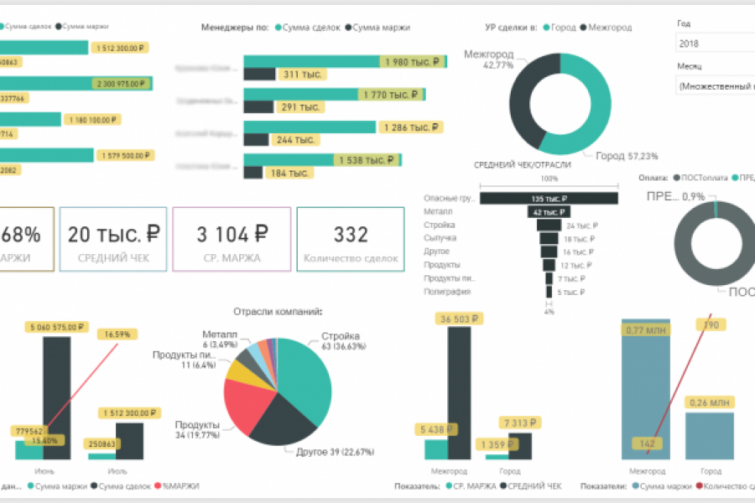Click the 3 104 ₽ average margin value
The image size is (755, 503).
point(232,234)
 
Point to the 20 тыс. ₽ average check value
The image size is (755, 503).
point(114,234)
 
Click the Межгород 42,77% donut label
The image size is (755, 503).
point(488,60)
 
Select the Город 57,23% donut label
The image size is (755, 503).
point(627,156)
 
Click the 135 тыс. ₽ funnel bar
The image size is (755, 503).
point(549,199)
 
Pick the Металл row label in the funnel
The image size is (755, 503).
point(437,212)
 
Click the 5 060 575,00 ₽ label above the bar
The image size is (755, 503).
point(58,326)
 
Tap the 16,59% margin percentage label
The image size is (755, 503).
point(118,334)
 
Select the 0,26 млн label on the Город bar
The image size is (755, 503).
point(710,402)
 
